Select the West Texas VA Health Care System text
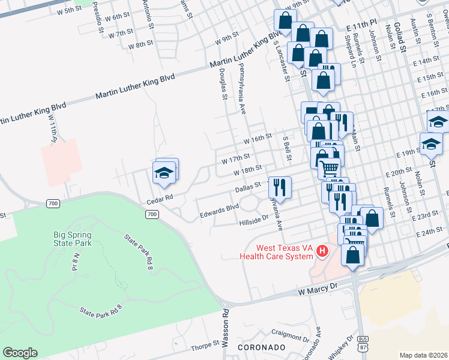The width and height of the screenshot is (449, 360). [276, 252]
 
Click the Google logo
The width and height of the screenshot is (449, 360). [20, 353]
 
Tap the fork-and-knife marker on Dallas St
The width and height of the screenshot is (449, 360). [280, 187]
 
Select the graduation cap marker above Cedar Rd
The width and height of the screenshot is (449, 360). [165, 173]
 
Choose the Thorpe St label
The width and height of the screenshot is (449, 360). [205, 346]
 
